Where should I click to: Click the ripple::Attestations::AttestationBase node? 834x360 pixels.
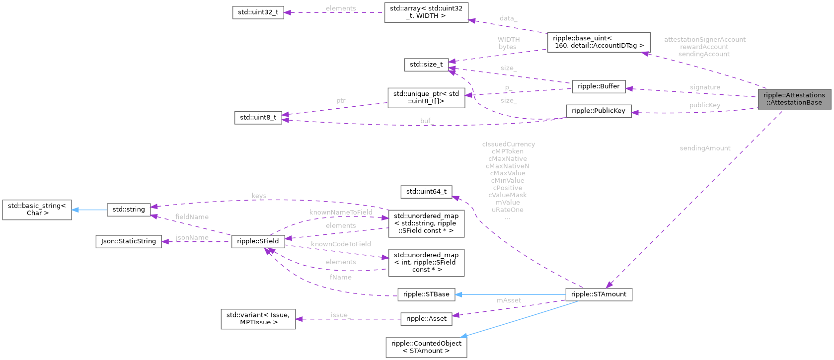(794, 99)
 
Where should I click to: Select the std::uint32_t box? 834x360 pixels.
(258, 12)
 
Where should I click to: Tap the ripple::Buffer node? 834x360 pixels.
(598, 86)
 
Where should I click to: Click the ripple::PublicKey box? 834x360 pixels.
(598, 111)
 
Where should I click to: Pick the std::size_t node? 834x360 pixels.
(426, 65)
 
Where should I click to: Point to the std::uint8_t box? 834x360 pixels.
(258, 118)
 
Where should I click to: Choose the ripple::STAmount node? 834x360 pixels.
(599, 294)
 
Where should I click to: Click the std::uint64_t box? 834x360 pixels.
(426, 192)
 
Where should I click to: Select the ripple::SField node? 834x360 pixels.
(258, 241)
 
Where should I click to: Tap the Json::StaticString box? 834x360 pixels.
(128, 241)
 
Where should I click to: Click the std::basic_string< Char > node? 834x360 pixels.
(37, 210)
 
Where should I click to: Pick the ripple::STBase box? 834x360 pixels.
(426, 294)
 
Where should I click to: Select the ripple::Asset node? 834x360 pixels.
(426, 319)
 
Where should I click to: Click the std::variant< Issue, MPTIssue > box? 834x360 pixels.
(258, 319)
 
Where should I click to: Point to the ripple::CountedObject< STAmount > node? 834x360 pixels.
(426, 347)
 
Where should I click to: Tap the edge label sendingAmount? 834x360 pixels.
(704, 148)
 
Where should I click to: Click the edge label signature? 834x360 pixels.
(704, 87)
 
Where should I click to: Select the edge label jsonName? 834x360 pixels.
(192, 238)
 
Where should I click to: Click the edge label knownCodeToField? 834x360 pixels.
(341, 244)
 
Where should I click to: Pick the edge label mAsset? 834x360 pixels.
(509, 300)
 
